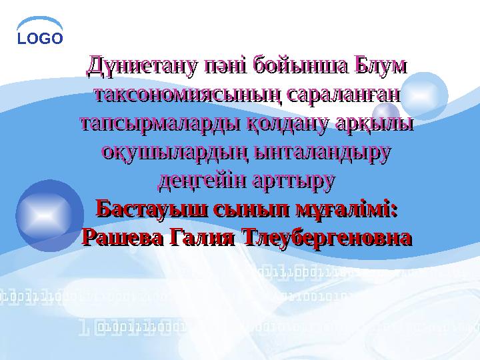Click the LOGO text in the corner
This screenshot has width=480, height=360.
(x=40, y=38)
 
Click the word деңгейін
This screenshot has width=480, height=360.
(x=203, y=181)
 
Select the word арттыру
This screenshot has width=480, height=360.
(x=293, y=181)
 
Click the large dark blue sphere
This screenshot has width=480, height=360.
(x=49, y=215)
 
